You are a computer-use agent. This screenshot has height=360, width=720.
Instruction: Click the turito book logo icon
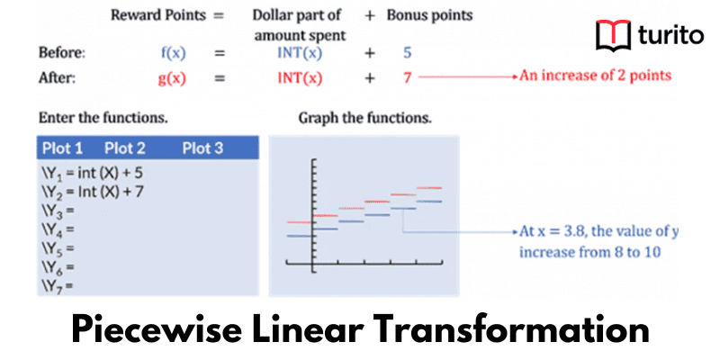pyautogui.click(x=613, y=37)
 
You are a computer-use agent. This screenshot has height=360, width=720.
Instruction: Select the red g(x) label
pyautogui.click(x=172, y=77)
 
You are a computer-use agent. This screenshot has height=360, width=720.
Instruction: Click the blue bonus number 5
pyautogui.click(x=407, y=53)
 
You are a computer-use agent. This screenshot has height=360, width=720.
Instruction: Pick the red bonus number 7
pyautogui.click(x=407, y=77)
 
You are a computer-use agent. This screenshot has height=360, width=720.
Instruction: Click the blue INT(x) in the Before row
pyautogui.click(x=300, y=53)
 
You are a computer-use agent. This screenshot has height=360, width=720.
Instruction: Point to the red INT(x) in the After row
pyautogui.click(x=300, y=77)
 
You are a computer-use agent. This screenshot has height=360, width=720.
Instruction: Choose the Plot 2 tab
pyautogui.click(x=125, y=148)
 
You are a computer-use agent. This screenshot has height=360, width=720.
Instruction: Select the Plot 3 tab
pyautogui.click(x=202, y=148)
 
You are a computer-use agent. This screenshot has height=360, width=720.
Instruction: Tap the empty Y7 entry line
pyautogui.click(x=56, y=285)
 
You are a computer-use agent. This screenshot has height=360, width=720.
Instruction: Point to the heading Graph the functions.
pyautogui.click(x=364, y=118)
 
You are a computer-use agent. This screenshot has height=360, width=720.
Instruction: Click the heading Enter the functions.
pyautogui.click(x=103, y=118)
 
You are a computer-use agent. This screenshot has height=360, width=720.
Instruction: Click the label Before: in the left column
pyautogui.click(x=62, y=53)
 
